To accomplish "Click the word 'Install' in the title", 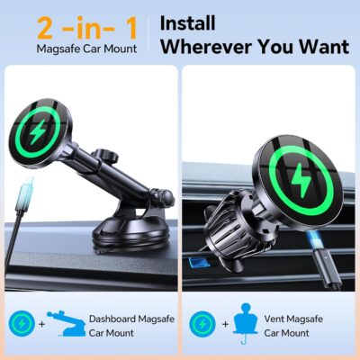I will (x=187, y=22).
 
